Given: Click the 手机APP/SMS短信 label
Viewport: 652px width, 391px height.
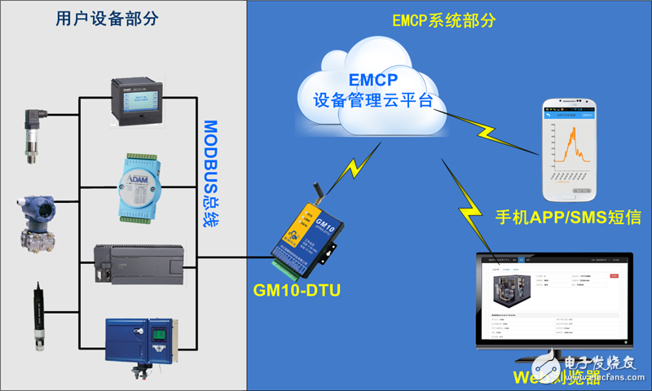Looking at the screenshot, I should tap(569, 218).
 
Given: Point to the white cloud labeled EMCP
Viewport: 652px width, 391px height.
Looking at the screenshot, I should tap(373, 94).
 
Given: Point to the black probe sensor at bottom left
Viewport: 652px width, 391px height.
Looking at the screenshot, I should tap(38, 314).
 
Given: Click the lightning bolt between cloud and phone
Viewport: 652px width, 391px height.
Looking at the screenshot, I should tap(490, 131).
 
